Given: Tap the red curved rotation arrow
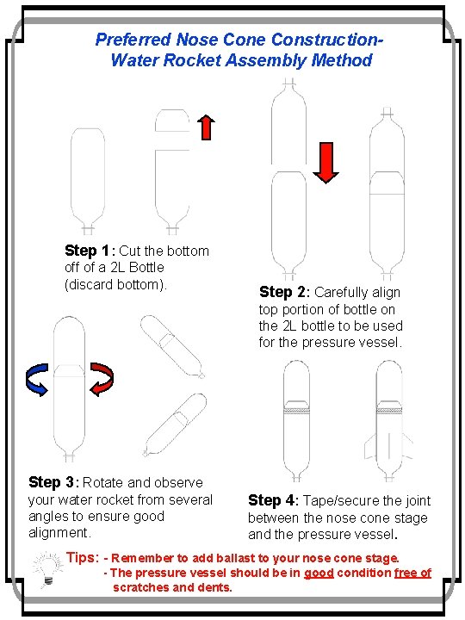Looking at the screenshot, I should click(102, 380).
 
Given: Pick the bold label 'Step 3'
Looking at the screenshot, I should click(53, 482).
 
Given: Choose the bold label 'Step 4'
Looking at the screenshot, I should click(272, 500).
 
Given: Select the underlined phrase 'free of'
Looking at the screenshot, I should click(412, 573).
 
